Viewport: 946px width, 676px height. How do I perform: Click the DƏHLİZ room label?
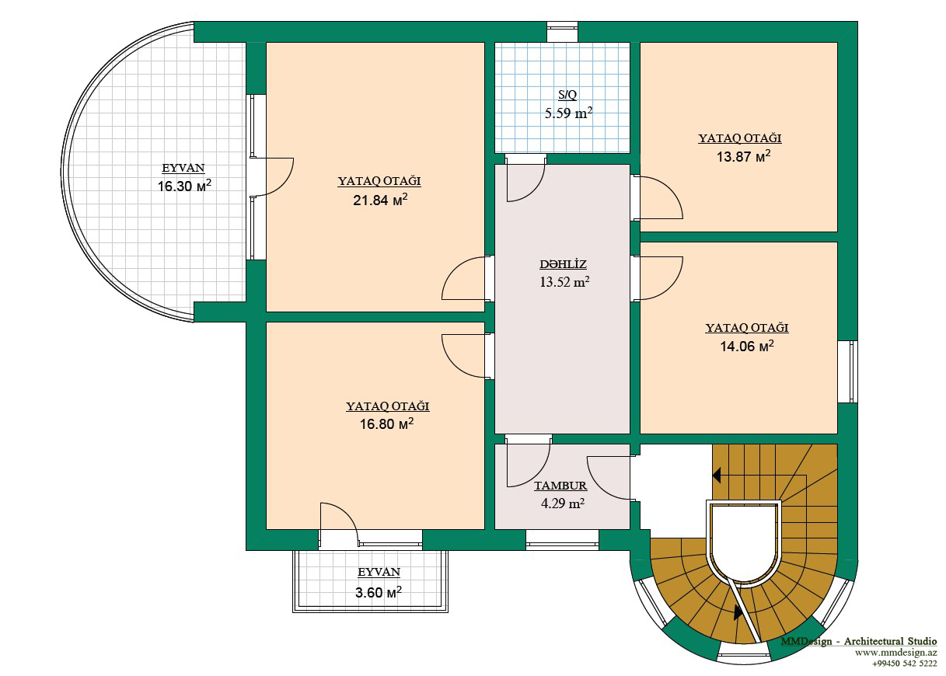(x=563, y=265)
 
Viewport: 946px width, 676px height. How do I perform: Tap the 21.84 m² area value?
(x=380, y=200)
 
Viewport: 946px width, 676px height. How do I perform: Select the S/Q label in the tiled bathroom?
(x=567, y=95)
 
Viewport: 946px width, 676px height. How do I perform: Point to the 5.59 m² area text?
(x=568, y=113)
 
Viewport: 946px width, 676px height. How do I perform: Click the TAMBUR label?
(x=560, y=486)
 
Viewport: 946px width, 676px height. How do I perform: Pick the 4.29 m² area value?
(x=563, y=504)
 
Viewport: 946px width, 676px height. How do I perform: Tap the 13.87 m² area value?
(x=743, y=156)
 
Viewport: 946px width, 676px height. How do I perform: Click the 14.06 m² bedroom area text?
(x=747, y=346)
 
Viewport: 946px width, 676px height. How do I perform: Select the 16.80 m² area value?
(x=386, y=423)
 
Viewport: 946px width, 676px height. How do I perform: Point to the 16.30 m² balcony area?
(x=184, y=186)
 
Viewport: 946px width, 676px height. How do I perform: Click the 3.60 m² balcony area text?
(x=378, y=592)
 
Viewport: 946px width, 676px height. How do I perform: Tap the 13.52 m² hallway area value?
(x=564, y=281)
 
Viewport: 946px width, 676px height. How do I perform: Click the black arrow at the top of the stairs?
(x=716, y=476)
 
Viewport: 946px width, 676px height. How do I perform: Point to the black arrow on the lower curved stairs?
(x=738, y=612)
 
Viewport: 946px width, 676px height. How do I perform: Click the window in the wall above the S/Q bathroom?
(x=562, y=32)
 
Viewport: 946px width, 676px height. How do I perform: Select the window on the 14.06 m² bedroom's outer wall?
(x=847, y=371)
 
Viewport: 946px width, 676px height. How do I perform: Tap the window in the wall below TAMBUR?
(x=562, y=539)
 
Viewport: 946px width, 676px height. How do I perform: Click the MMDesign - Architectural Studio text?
(x=859, y=641)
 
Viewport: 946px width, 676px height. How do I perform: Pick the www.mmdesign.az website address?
(x=896, y=653)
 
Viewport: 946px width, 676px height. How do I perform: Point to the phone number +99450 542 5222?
(x=905, y=664)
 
